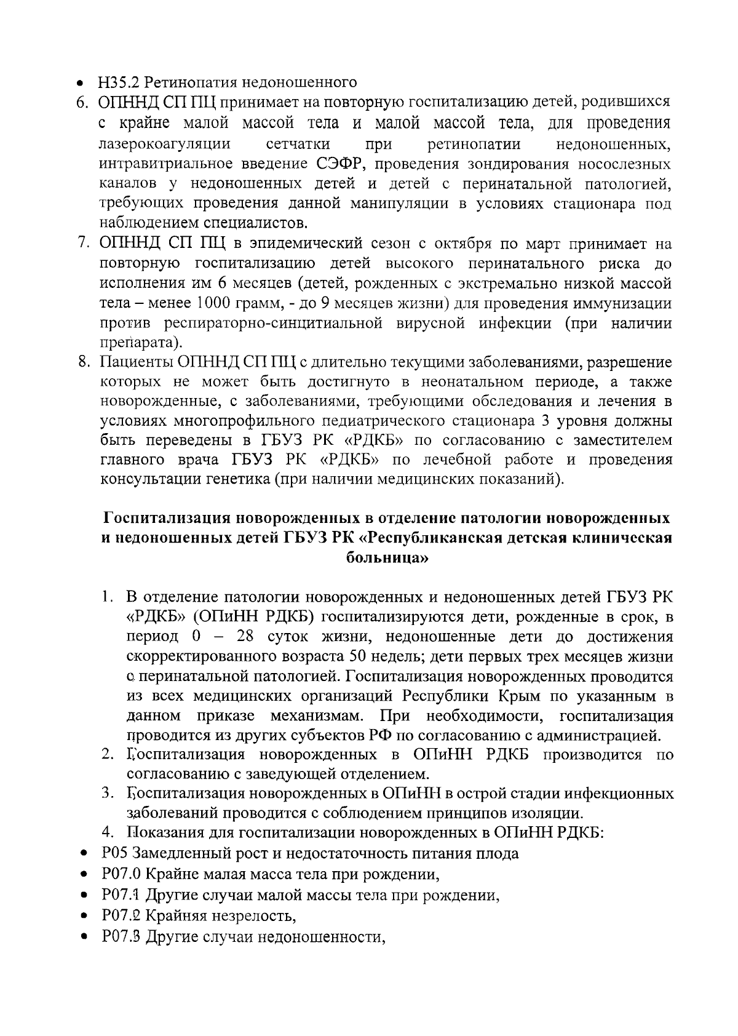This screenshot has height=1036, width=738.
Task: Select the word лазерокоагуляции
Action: [x=164, y=144]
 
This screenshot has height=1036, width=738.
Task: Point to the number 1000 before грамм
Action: [x=215, y=303]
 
